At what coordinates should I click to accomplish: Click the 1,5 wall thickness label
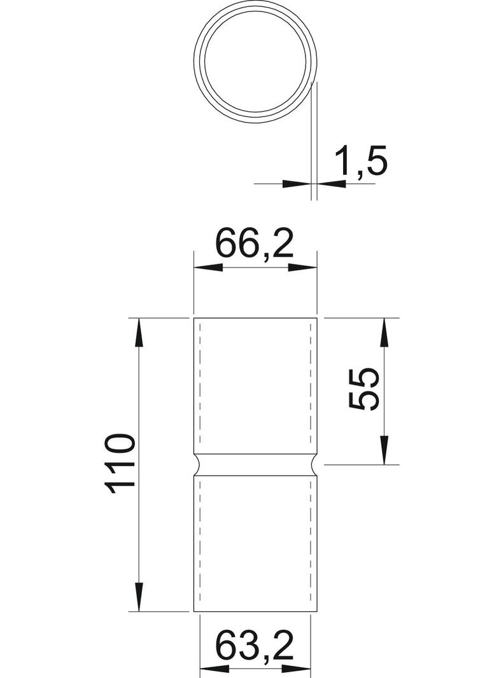[360, 161]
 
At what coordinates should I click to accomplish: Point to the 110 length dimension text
[120, 464]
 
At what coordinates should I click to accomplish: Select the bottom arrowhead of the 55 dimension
[384, 451]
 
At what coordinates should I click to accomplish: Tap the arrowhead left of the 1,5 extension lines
[297, 184]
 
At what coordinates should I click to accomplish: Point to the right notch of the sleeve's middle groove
[313, 465]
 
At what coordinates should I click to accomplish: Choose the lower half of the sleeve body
[255, 544]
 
